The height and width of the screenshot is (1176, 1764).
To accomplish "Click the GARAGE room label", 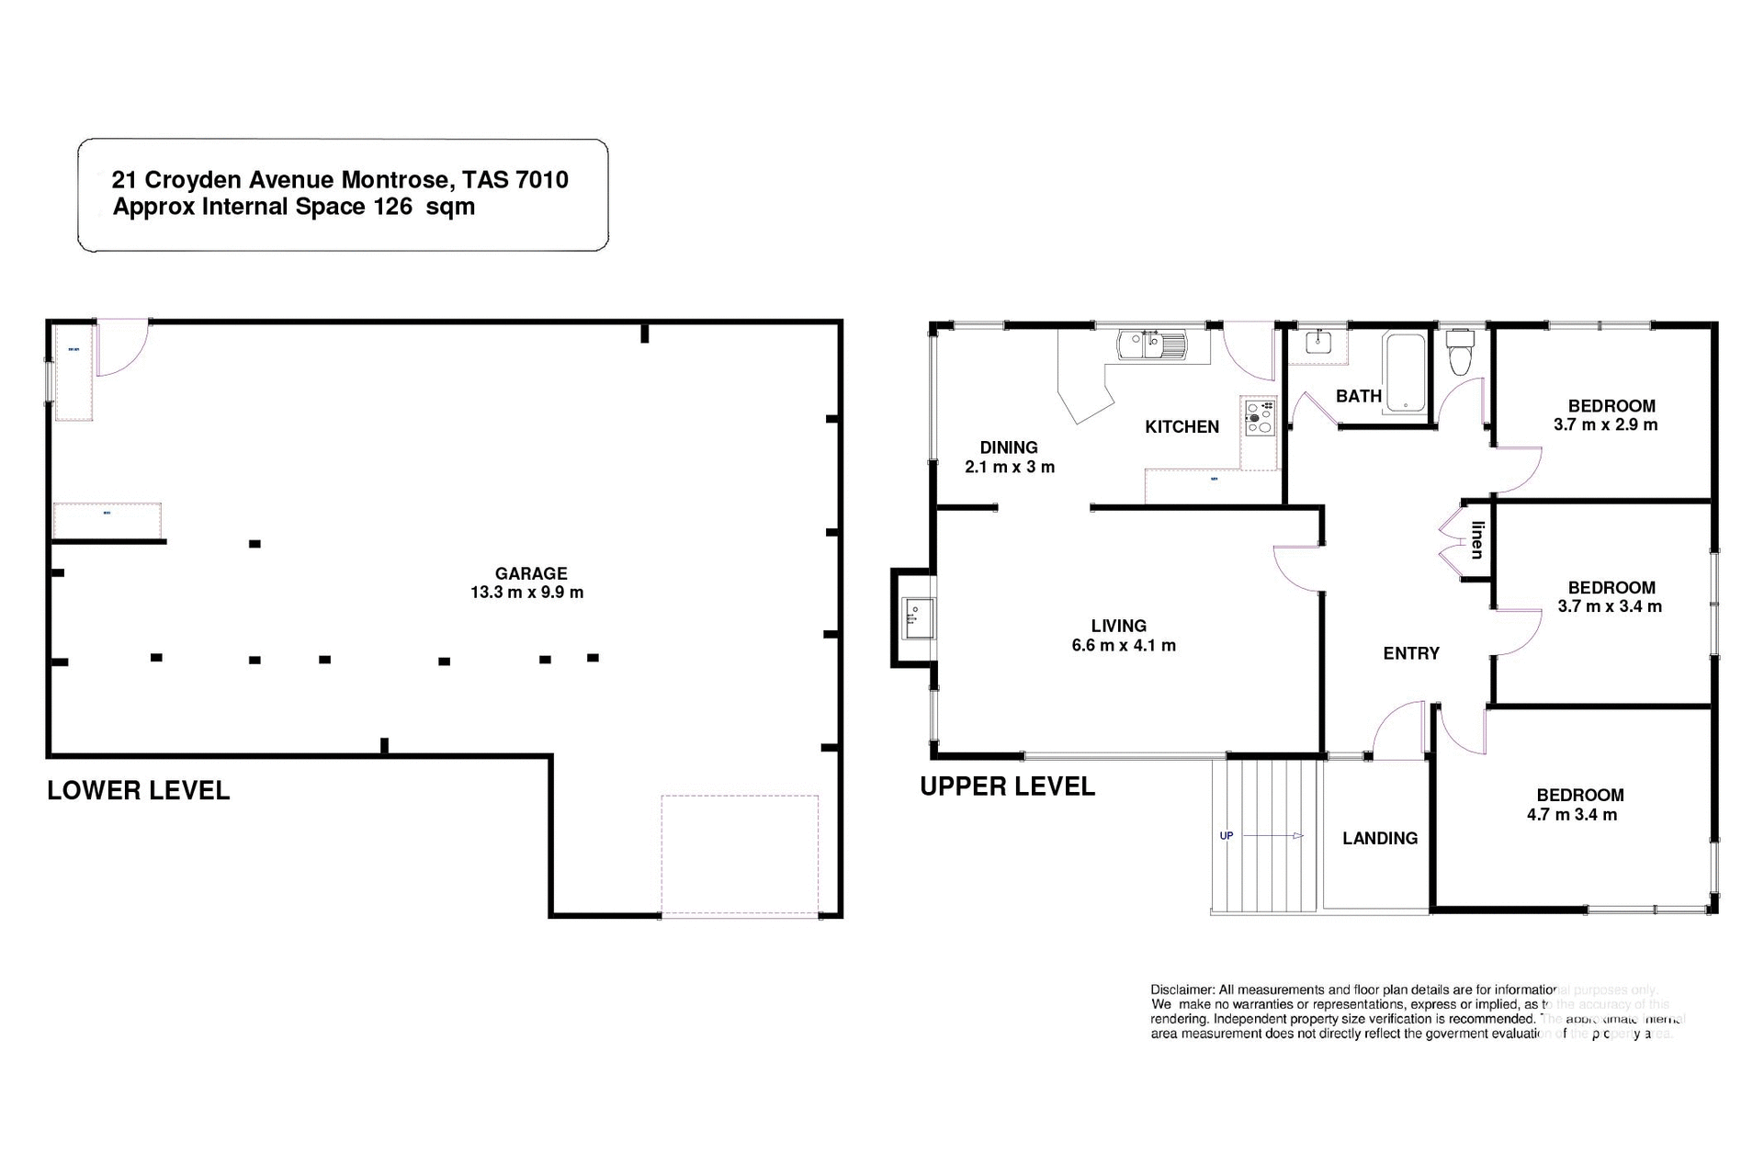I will (x=530, y=573).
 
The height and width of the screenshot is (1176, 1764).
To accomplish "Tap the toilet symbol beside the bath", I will (x=1459, y=354).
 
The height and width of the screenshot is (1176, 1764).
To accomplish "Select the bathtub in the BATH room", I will (x=1404, y=373).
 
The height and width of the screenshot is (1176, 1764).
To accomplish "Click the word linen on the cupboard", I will (x=1477, y=540).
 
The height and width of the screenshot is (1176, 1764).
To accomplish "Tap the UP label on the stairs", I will (x=1226, y=836).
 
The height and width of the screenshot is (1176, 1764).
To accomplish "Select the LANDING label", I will (x=1379, y=838).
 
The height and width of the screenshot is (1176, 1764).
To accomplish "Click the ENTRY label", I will (x=1410, y=653).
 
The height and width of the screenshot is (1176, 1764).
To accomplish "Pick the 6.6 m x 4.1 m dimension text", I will (x=1123, y=646).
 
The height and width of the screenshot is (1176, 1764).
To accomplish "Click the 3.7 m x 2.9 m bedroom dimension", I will (x=1605, y=425).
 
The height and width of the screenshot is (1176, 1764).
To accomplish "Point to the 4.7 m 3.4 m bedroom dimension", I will (x=1571, y=815).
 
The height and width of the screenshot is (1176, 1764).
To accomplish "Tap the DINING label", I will (x=1008, y=447).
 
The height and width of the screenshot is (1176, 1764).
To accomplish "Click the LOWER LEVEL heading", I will (x=138, y=790).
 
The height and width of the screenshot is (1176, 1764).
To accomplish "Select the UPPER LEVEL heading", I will (x=1007, y=786).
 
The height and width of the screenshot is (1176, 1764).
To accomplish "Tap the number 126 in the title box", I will (x=392, y=207).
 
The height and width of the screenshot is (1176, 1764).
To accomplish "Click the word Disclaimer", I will (x=1182, y=989).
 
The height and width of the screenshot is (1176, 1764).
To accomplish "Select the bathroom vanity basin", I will (x=1318, y=342).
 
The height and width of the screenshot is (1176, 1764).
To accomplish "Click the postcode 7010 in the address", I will (x=542, y=180).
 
